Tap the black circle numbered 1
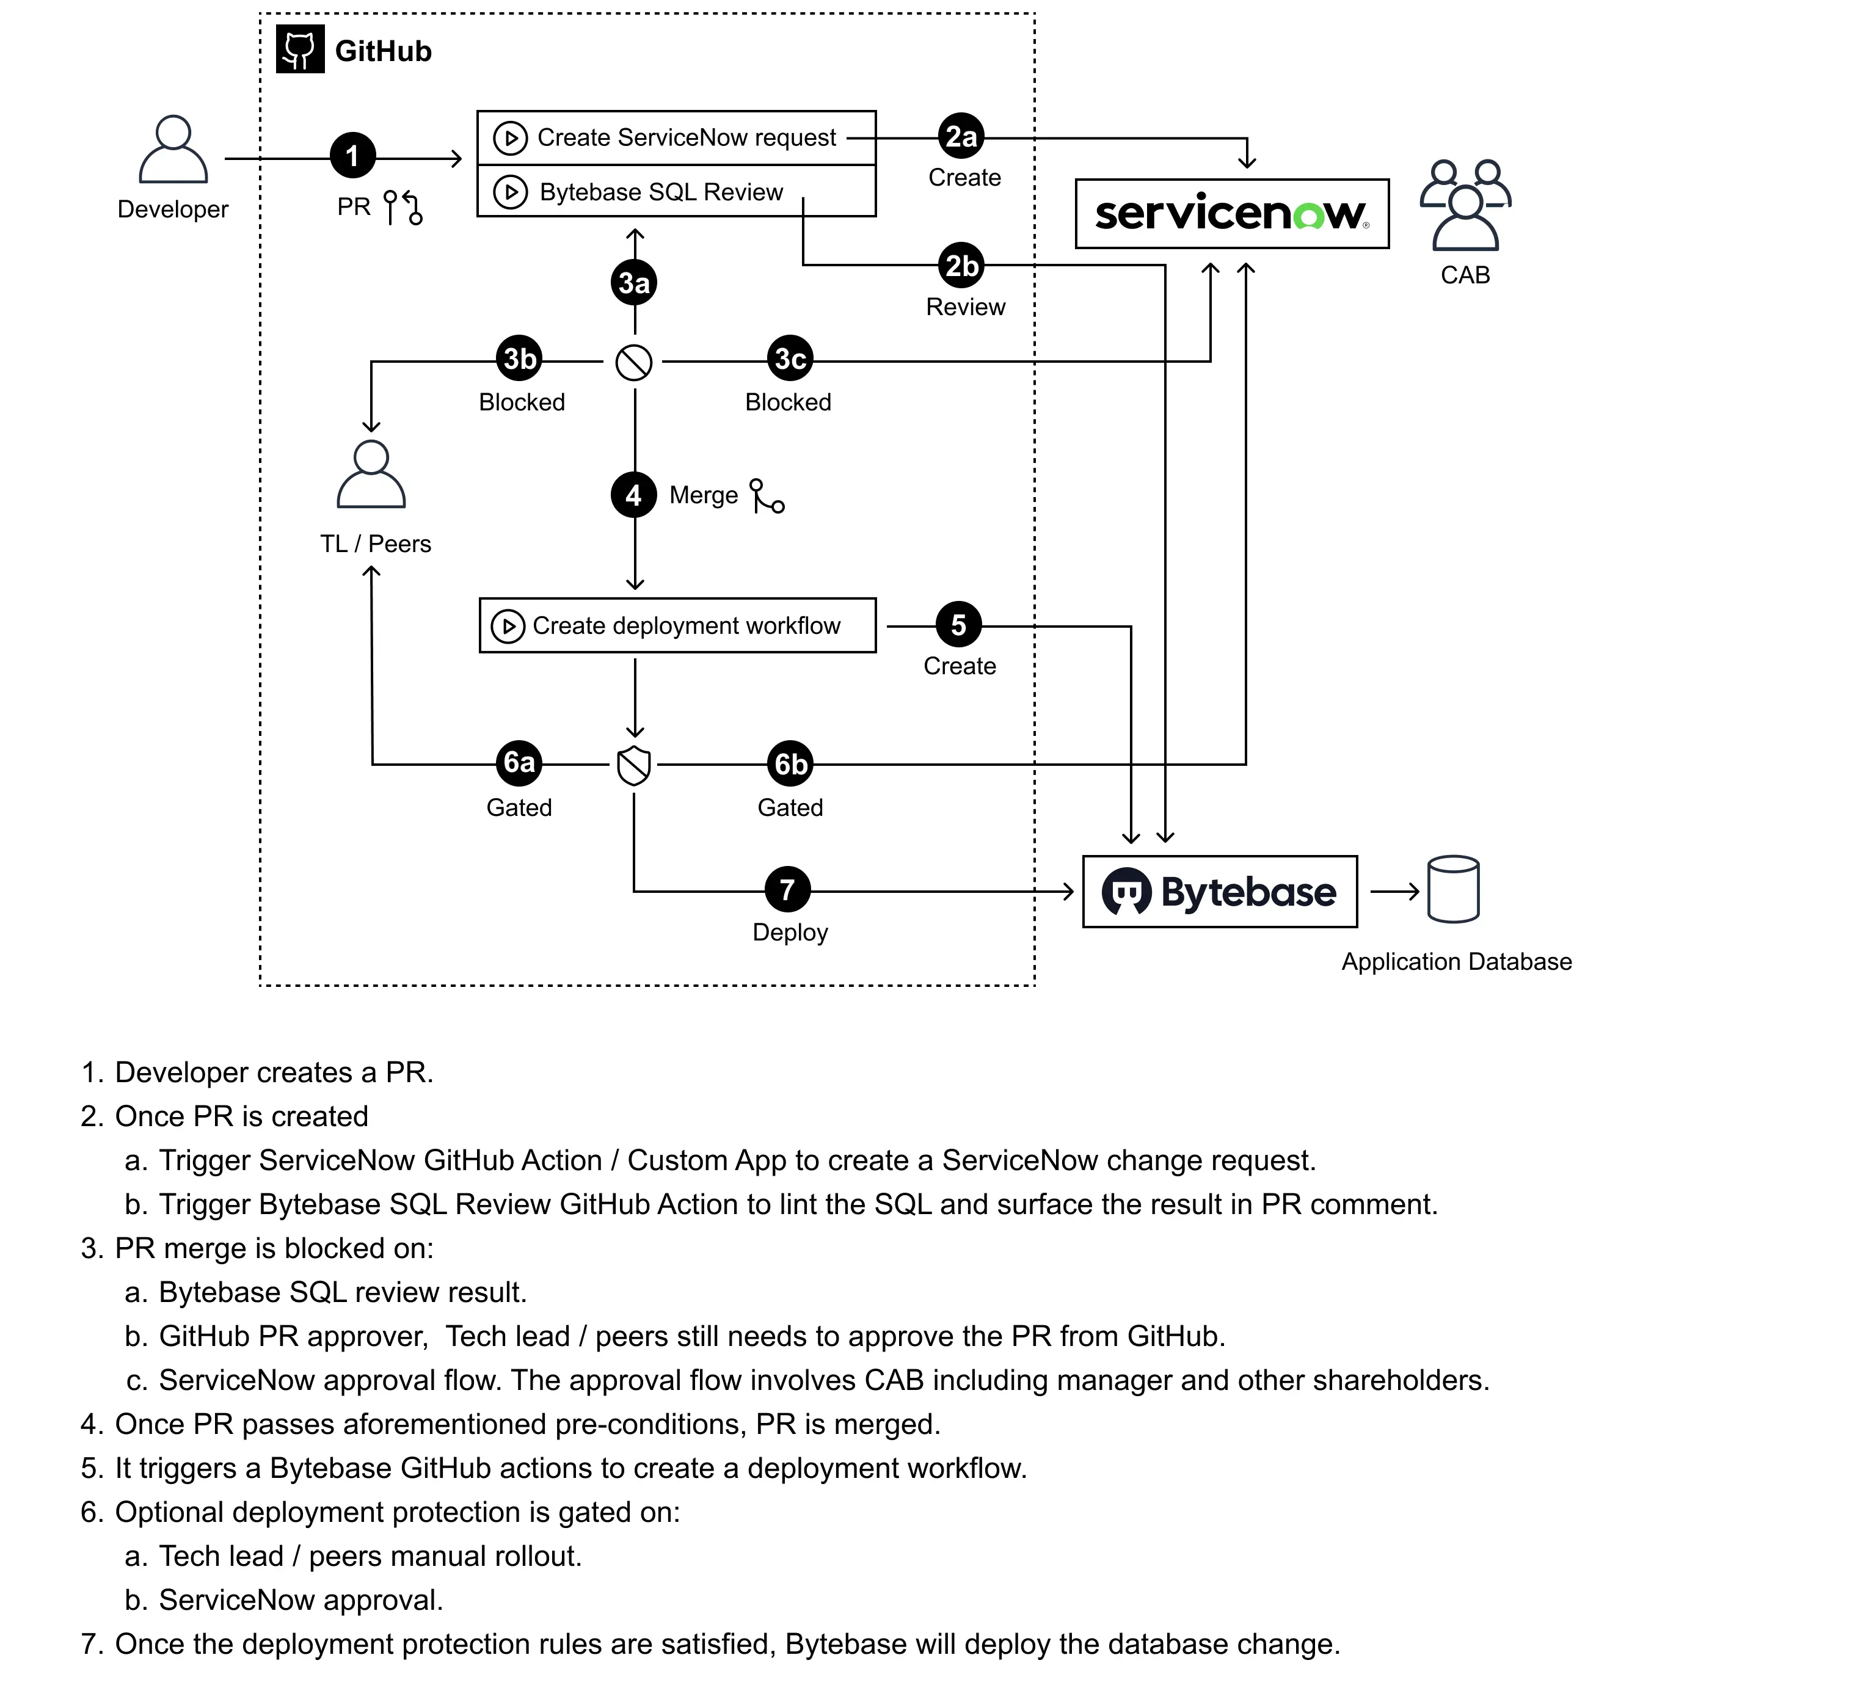pos(353,156)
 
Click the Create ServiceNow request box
pos(676,138)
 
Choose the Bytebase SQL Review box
pos(676,192)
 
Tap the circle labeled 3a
pos(634,283)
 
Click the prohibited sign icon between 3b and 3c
pos(634,362)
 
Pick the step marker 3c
pos(790,358)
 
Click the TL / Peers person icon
pos(371,475)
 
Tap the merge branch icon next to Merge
pos(767,496)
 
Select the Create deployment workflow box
pos(677,626)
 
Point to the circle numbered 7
pos(787,890)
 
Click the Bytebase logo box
pos(1219,892)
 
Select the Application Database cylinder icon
pos(1452,890)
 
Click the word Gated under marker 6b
pos(790,807)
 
